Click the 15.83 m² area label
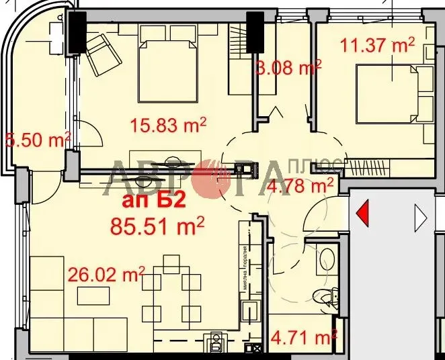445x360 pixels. [x=167, y=125]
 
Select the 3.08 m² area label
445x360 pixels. [x=288, y=68]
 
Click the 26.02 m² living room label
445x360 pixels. [x=107, y=274]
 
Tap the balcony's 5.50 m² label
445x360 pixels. [x=38, y=141]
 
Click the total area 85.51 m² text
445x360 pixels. [x=157, y=226]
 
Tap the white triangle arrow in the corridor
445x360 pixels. [x=421, y=216]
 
